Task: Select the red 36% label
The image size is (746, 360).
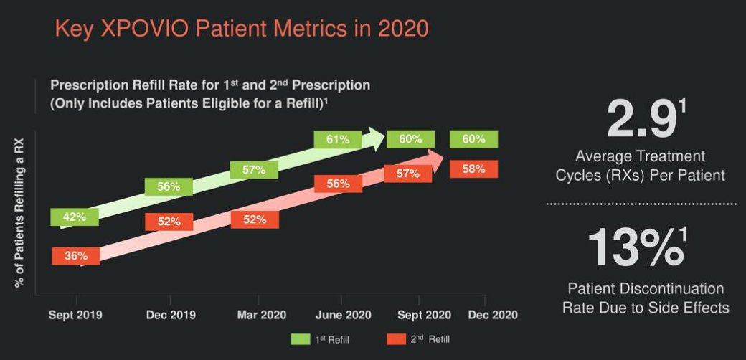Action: [75, 256]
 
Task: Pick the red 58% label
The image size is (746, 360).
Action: [474, 169]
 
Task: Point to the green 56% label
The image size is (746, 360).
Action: [169, 186]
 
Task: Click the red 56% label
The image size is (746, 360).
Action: [338, 184]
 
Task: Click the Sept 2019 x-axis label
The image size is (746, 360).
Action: [75, 315]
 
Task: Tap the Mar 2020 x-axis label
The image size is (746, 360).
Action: [262, 315]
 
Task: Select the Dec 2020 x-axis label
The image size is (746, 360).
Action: [492, 315]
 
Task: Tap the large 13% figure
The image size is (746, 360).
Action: [635, 247]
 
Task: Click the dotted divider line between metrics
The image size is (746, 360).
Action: [641, 204]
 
